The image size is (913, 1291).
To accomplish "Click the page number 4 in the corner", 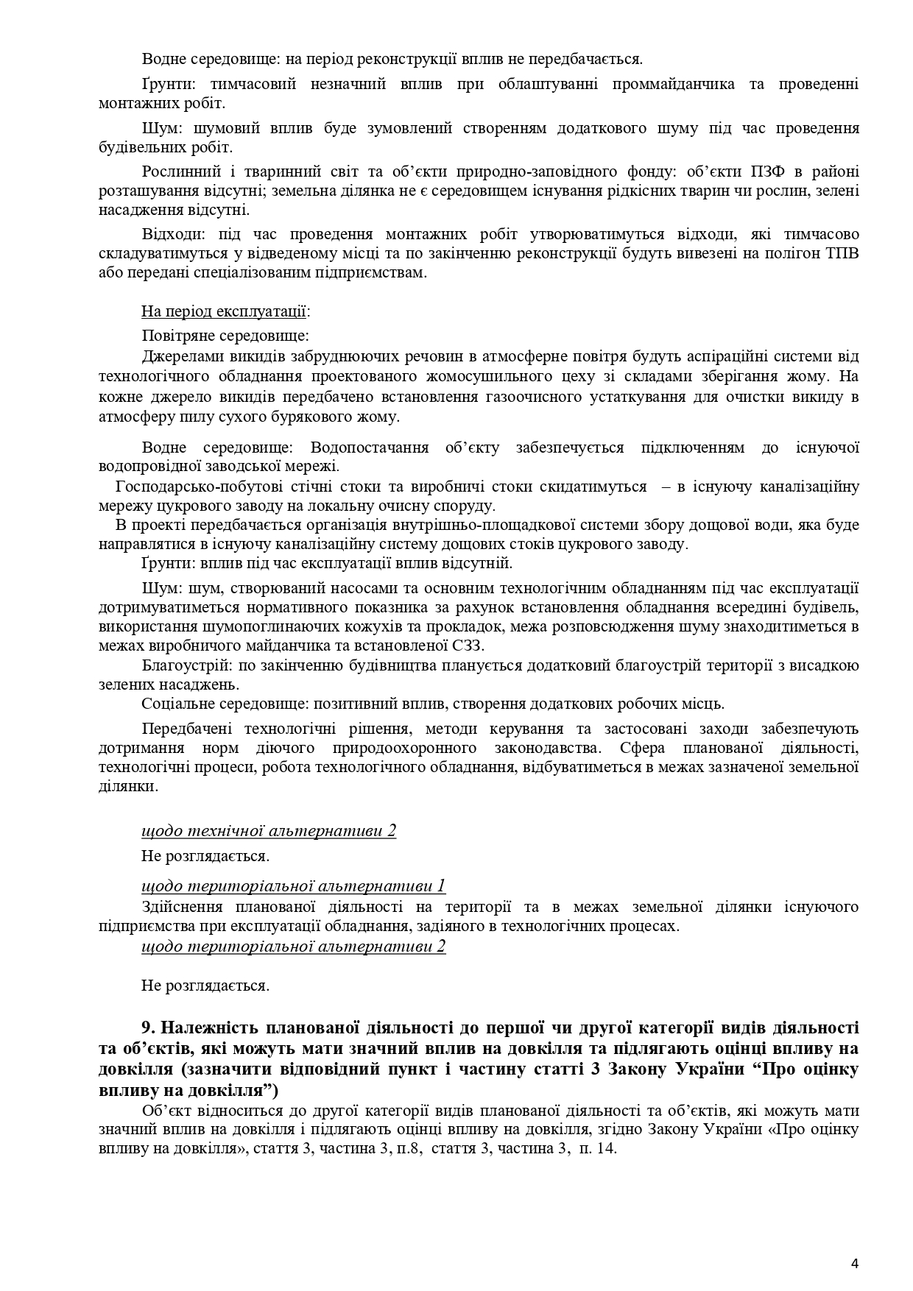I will coord(854,1243).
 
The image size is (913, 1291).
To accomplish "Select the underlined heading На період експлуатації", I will coord(225,311).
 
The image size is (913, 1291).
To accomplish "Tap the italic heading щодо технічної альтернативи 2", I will coord(269,830).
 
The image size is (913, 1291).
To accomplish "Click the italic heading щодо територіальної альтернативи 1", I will coord(293,885).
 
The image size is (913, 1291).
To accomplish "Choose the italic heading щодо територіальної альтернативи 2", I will coord(293,946).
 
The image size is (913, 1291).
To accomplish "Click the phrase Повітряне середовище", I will coord(225,336).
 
